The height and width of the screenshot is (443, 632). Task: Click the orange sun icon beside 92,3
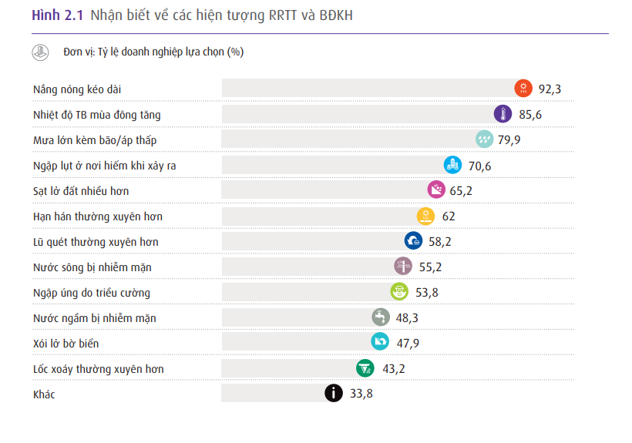click(523, 89)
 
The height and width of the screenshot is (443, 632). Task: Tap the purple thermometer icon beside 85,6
click(503, 114)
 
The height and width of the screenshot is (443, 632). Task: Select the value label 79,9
click(509, 140)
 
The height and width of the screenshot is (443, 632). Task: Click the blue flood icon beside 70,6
click(453, 165)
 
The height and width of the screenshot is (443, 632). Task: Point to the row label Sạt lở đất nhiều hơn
click(81, 190)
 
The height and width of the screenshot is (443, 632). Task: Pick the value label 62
click(449, 216)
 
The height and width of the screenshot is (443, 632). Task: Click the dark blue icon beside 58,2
click(413, 241)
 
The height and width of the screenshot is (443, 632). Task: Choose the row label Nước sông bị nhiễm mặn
click(92, 267)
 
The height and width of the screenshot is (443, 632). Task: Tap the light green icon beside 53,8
click(399, 292)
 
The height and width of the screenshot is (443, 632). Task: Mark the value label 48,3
click(406, 317)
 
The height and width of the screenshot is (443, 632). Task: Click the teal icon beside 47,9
click(380, 343)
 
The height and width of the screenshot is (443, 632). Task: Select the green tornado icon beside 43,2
click(365, 368)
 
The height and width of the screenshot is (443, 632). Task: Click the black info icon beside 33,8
click(333, 394)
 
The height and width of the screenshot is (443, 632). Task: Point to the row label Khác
click(44, 394)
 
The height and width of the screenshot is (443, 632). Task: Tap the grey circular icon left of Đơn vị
click(40, 52)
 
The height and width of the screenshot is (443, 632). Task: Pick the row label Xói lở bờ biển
click(66, 343)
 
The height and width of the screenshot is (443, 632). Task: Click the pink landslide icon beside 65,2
click(437, 190)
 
